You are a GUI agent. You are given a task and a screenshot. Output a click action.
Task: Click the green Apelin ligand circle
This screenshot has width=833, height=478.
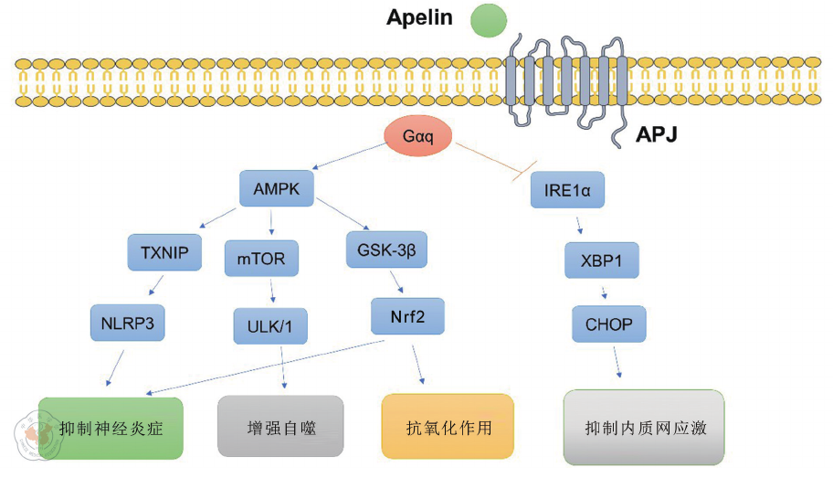click(x=489, y=21)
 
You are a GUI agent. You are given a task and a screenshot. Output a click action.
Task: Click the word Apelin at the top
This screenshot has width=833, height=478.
click(x=419, y=17)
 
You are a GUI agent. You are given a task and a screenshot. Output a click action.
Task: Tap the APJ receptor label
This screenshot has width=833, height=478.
click(x=656, y=137)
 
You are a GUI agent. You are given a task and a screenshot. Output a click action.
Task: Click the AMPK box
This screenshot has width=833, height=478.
click(x=276, y=189)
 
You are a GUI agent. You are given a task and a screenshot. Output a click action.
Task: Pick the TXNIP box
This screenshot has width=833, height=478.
click(x=164, y=253)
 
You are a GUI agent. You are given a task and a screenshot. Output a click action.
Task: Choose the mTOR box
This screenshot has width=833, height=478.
click(x=261, y=259)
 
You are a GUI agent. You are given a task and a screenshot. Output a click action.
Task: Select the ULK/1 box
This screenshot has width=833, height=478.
click(x=270, y=326)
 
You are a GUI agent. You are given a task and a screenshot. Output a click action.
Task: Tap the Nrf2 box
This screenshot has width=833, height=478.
click(x=408, y=316)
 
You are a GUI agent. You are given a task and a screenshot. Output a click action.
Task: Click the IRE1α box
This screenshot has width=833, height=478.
click(x=567, y=191)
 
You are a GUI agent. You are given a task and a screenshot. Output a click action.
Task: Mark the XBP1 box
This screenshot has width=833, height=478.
click(x=601, y=260)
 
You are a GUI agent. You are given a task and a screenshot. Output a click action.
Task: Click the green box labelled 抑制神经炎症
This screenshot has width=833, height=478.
click(x=111, y=427)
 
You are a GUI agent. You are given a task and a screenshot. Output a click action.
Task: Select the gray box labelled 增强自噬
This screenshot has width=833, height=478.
click(x=280, y=426)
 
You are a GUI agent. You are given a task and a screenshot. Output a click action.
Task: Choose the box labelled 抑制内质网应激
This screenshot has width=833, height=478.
click(x=644, y=427)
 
